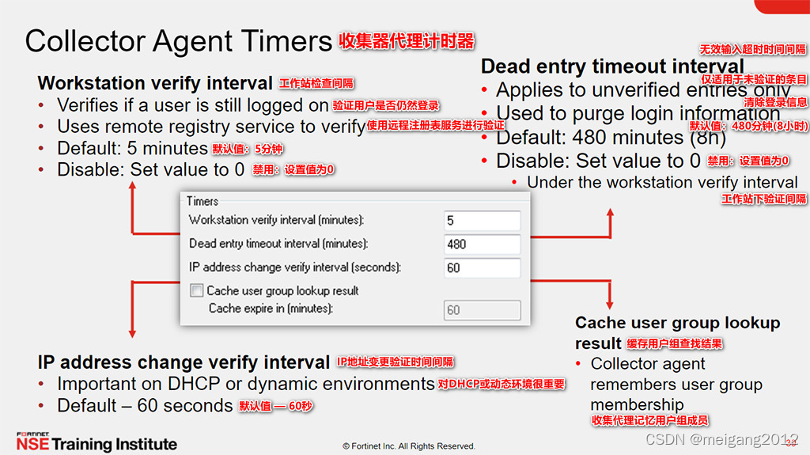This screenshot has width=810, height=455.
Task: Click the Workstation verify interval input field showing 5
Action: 482,221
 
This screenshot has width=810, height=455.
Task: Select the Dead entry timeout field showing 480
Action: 482,245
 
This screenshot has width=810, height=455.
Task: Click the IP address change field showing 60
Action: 482,268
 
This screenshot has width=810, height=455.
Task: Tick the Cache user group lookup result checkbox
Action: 197,290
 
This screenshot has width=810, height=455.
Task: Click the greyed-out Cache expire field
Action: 482,310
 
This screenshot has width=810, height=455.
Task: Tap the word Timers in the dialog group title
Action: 202,201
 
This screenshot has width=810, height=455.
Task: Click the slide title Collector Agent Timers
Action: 178,41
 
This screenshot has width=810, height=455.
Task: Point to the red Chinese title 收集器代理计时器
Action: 407,40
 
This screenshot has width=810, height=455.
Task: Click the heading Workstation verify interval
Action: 155,83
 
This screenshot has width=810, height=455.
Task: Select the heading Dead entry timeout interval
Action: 612,66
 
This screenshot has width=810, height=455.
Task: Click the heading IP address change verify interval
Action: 184,362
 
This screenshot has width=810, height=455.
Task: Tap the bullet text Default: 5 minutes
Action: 132,148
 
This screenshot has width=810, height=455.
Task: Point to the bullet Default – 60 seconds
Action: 145,406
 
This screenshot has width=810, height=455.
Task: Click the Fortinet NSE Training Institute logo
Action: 96,442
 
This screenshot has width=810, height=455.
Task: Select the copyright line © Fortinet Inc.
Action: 408,446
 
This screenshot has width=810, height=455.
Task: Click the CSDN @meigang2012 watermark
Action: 721,439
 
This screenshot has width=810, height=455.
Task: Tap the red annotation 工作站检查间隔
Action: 316,84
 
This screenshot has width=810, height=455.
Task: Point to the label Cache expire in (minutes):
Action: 271,309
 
